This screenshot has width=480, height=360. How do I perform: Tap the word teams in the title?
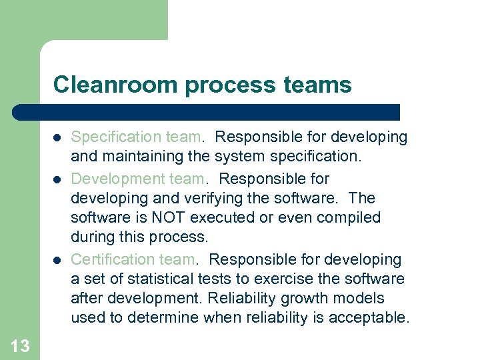click(x=318, y=85)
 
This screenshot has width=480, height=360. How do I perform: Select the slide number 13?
click(x=20, y=345)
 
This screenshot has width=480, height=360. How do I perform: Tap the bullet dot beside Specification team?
click(x=57, y=138)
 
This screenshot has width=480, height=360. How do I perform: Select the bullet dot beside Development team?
click(x=57, y=179)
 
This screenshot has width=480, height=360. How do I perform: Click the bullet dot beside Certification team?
click(x=57, y=260)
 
